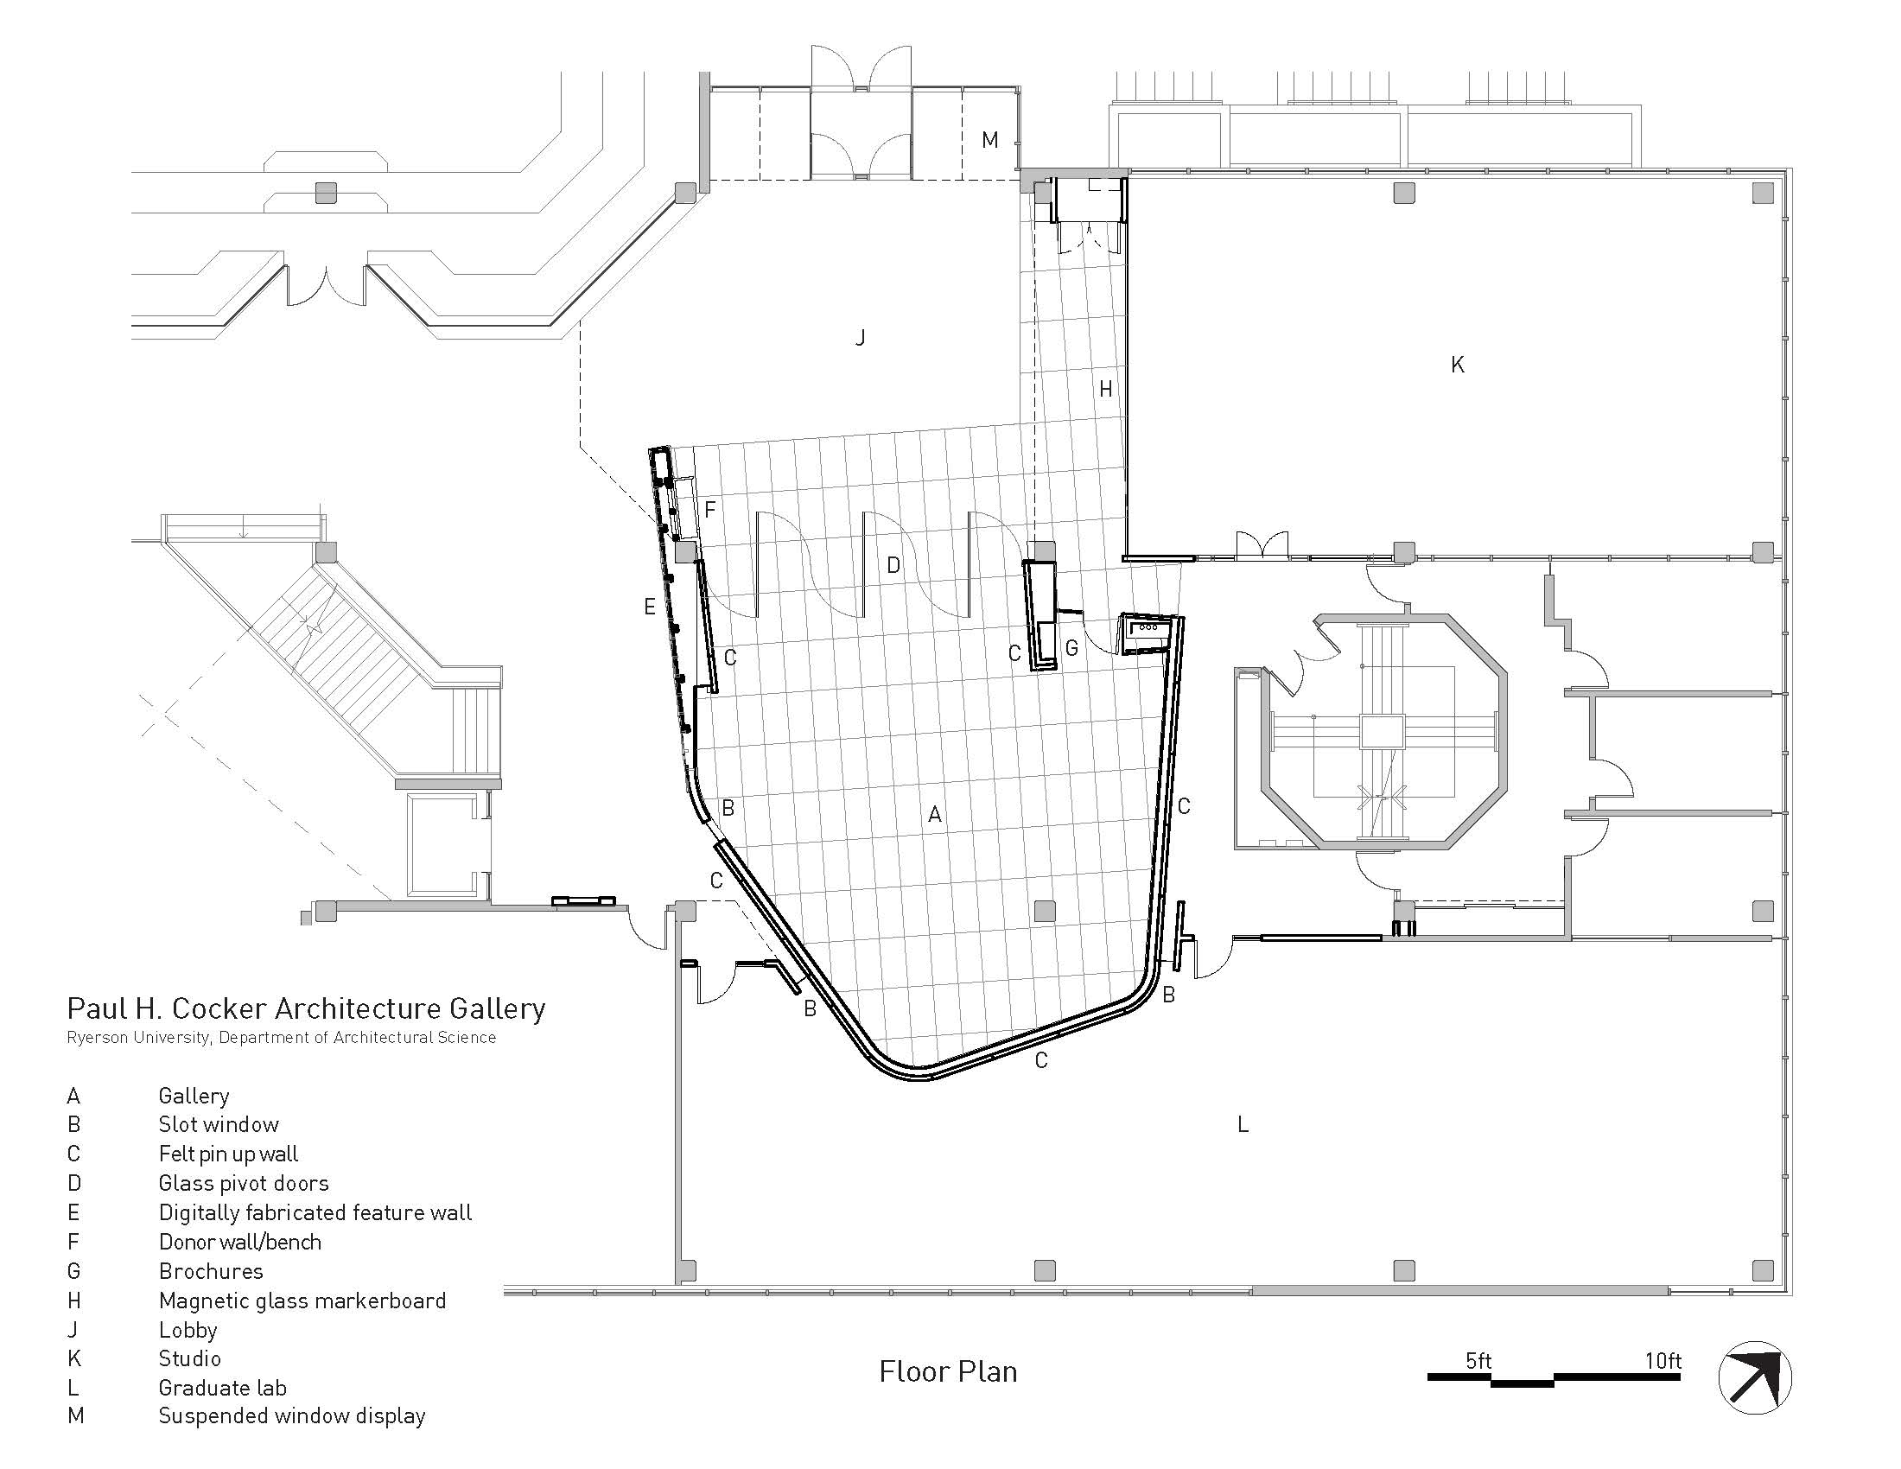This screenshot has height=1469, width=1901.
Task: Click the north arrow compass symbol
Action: [x=1756, y=1377]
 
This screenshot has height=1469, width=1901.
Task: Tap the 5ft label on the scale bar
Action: [x=1478, y=1360]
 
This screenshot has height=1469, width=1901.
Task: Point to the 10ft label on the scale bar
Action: [x=1663, y=1360]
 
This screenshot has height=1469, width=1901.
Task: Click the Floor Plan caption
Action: [x=948, y=1371]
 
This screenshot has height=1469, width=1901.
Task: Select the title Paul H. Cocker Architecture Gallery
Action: [x=307, y=1008]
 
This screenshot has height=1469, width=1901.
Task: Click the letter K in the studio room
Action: [x=1458, y=365]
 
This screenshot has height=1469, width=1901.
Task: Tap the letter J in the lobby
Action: [x=860, y=337]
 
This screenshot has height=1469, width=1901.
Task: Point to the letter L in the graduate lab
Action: [x=1243, y=1124]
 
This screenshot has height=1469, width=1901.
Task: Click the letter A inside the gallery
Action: [x=935, y=814]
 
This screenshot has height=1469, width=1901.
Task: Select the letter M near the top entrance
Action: [x=989, y=139]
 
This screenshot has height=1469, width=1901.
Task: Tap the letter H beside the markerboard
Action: [x=1105, y=389]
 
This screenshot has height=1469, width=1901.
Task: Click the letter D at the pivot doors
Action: [x=893, y=565]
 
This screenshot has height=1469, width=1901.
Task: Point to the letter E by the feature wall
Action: [x=649, y=607]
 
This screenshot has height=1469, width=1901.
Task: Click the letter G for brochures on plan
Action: [x=1071, y=647]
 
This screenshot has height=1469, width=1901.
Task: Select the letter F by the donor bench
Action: [x=709, y=509]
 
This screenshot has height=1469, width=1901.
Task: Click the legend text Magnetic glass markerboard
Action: [x=302, y=1300]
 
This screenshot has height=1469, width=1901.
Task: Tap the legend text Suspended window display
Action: [x=291, y=1417]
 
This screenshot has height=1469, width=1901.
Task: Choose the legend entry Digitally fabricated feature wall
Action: [x=315, y=1212]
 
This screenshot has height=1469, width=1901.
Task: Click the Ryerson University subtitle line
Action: [x=281, y=1037]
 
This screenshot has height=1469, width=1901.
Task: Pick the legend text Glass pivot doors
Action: [x=244, y=1183]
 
